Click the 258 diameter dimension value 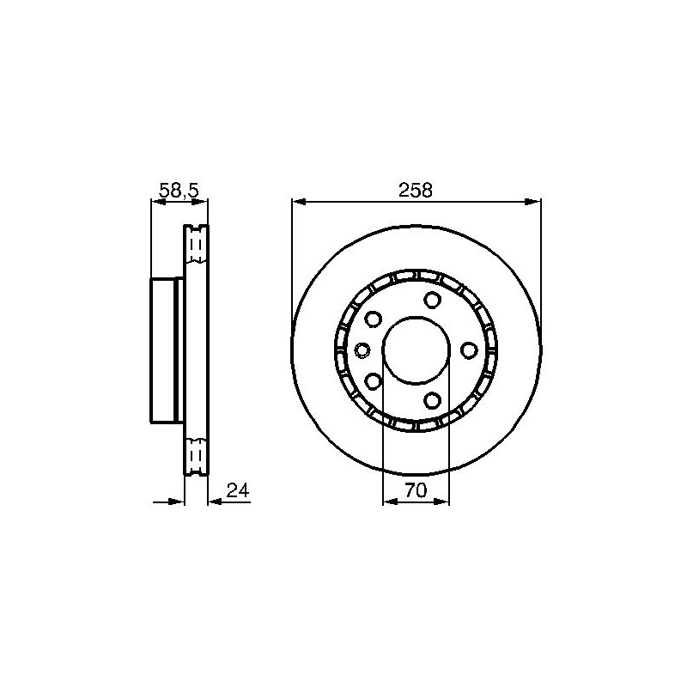click(415, 190)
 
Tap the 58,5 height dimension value click(179, 191)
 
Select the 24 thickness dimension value click(238, 490)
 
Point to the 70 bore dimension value click(416, 490)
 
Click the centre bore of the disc click(416, 350)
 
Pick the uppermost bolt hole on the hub click(432, 300)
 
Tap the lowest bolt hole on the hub click(432, 400)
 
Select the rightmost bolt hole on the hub click(469, 350)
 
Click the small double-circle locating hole click(362, 350)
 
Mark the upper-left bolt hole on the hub click(374, 319)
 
